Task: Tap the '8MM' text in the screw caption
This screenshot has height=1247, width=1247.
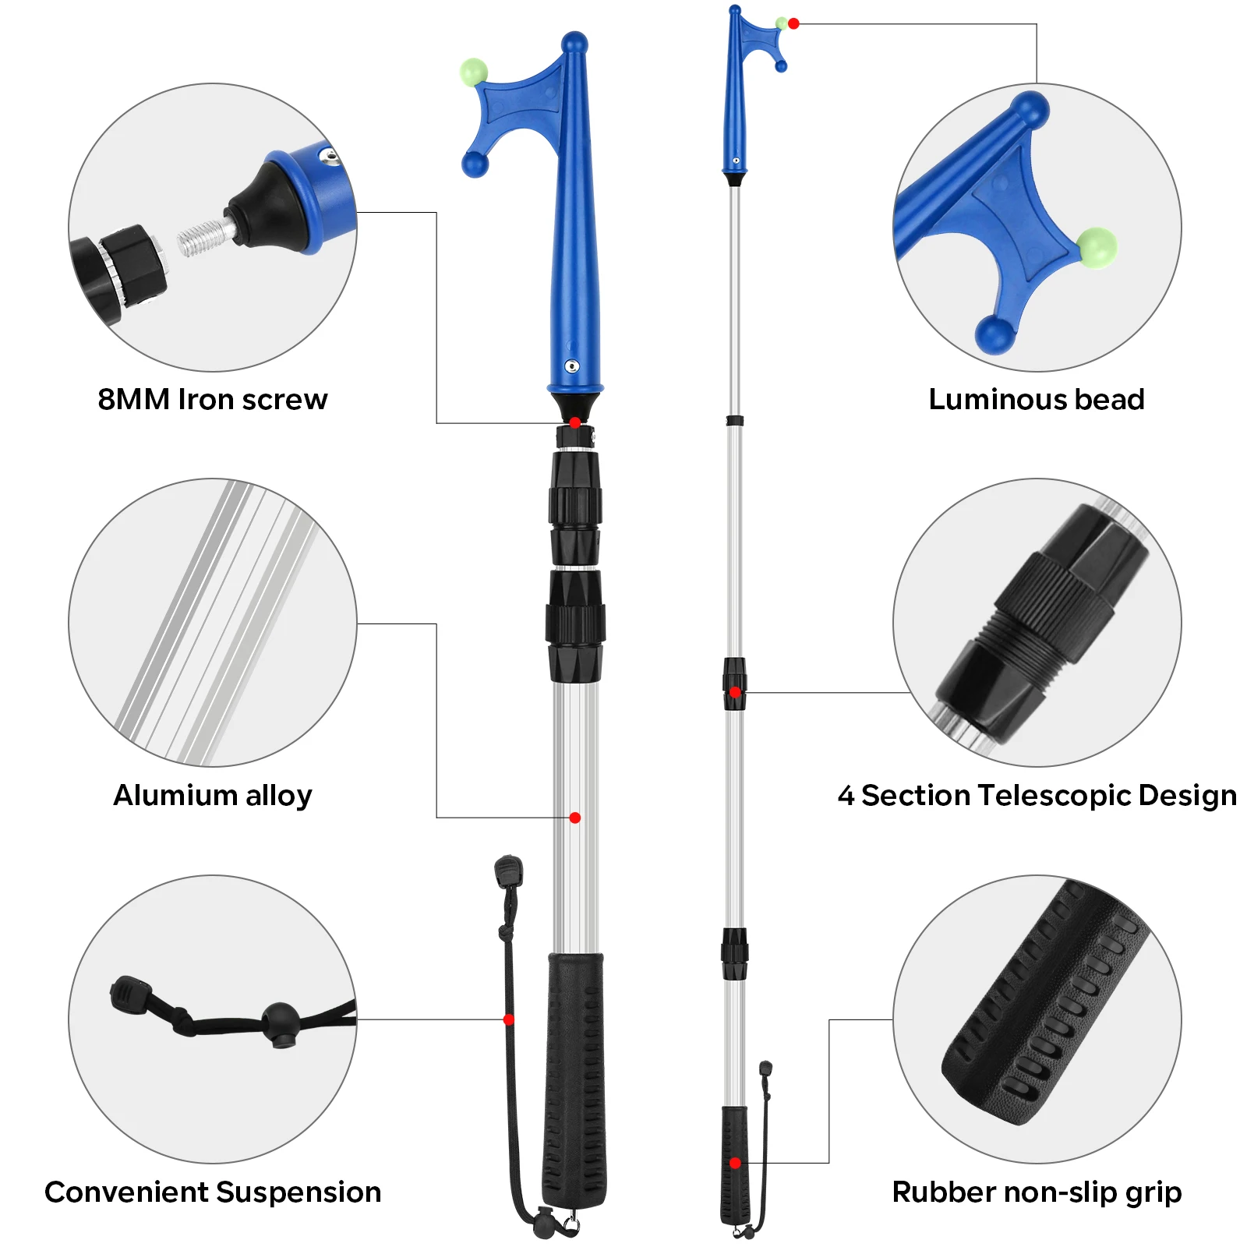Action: pos(133,400)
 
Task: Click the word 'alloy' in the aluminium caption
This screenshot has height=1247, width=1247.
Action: pos(278,796)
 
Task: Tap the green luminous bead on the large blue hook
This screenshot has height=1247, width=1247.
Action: pos(473,72)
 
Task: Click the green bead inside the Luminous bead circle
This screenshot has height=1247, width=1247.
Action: pos(1097,248)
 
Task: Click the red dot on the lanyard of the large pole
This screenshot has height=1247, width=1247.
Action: pos(509,1019)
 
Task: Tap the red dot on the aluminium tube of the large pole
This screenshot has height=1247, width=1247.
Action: pos(575,818)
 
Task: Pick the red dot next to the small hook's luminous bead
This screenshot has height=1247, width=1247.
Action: pos(793,23)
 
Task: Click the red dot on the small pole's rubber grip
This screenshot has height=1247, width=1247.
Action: pos(735,1163)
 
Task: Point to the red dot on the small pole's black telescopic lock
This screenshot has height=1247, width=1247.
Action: pos(735,692)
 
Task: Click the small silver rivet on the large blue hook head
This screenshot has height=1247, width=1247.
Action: pos(572,366)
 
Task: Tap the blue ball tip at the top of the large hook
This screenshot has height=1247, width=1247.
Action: pos(574,42)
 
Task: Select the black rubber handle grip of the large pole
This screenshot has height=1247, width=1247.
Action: pos(575,1076)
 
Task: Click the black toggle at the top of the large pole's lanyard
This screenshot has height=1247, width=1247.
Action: pos(508,870)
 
